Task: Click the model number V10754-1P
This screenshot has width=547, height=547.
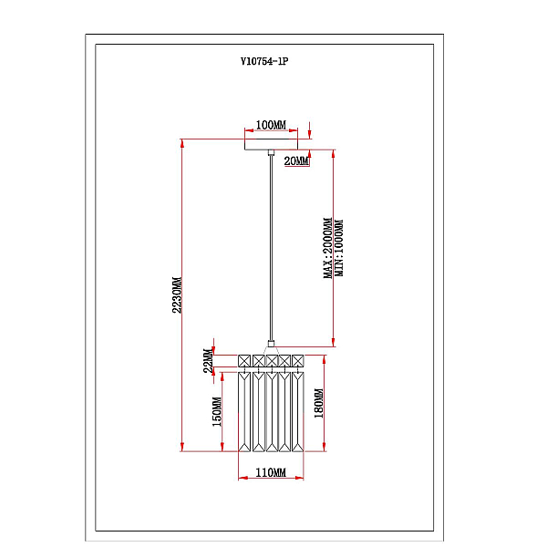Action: tap(264, 61)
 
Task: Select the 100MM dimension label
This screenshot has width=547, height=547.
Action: tap(271, 125)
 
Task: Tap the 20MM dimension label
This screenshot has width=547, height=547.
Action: tap(296, 160)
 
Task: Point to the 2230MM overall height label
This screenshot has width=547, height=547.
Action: tap(177, 294)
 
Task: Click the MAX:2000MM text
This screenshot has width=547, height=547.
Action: tap(328, 248)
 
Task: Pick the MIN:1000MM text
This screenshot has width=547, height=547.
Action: tap(339, 248)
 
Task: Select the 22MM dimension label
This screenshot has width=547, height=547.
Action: tap(208, 360)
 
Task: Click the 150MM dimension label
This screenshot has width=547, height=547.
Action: tap(217, 412)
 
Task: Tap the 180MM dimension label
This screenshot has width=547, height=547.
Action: tap(319, 403)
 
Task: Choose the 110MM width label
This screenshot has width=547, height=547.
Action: tap(271, 472)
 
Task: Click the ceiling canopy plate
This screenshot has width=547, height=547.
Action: tap(271, 144)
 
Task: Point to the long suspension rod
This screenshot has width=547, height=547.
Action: tap(271, 248)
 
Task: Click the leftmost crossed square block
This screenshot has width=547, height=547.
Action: tap(244, 361)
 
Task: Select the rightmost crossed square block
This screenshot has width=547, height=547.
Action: tap(297, 361)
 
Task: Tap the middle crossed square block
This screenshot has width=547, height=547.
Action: tap(272, 361)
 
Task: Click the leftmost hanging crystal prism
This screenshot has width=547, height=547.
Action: tap(244, 412)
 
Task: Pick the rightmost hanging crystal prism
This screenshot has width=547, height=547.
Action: tap(297, 412)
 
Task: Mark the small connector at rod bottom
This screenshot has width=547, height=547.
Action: tap(271, 344)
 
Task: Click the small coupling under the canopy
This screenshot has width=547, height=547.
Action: tap(271, 152)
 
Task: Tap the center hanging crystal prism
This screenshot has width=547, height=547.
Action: tap(272, 412)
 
